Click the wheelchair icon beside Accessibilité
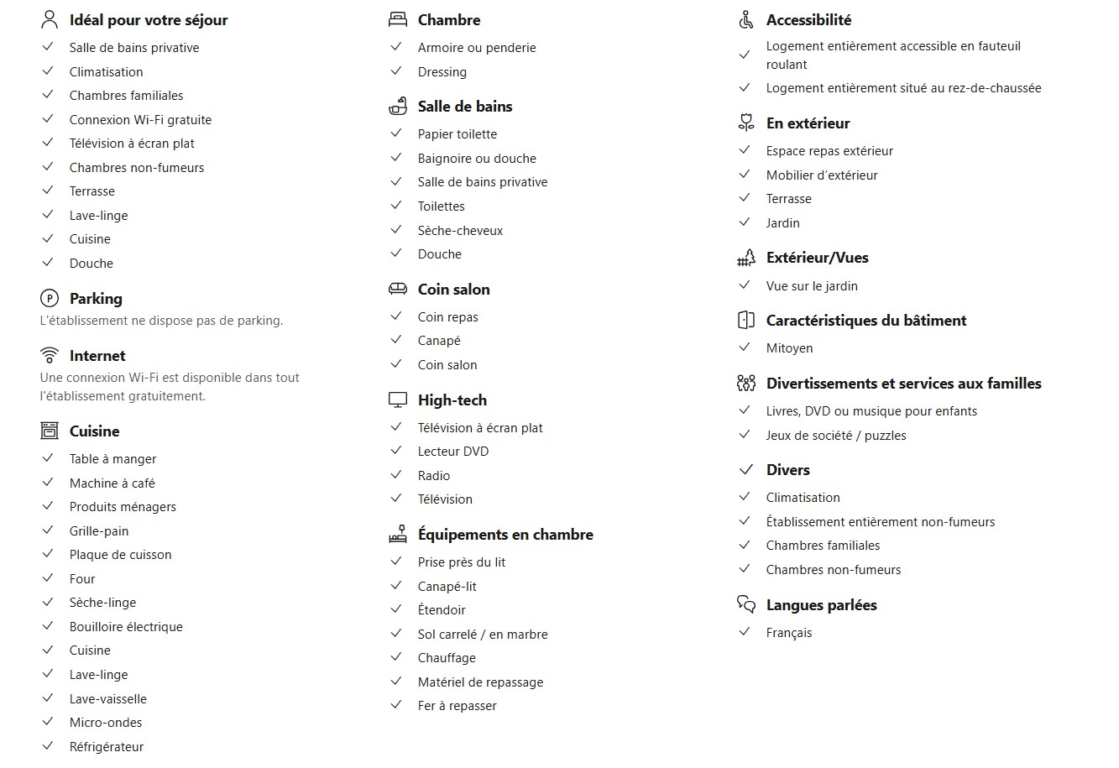point(746,20)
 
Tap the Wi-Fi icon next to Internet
point(50,355)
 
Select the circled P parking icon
point(50,298)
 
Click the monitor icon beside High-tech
point(398,400)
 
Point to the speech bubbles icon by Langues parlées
point(746,604)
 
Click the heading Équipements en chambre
point(505,535)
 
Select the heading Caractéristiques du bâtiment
point(866,321)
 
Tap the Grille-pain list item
point(99,531)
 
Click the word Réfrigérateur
point(107,747)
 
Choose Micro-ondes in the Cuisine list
point(106,723)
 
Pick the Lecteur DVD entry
point(453,452)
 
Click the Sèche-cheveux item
point(460,231)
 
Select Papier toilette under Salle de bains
point(458,134)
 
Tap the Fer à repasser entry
point(458,706)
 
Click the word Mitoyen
point(789,348)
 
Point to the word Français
point(789,633)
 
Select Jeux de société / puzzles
point(836,436)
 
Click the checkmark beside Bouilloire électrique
point(48,626)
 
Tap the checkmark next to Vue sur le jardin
point(744,285)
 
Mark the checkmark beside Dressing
point(396,71)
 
